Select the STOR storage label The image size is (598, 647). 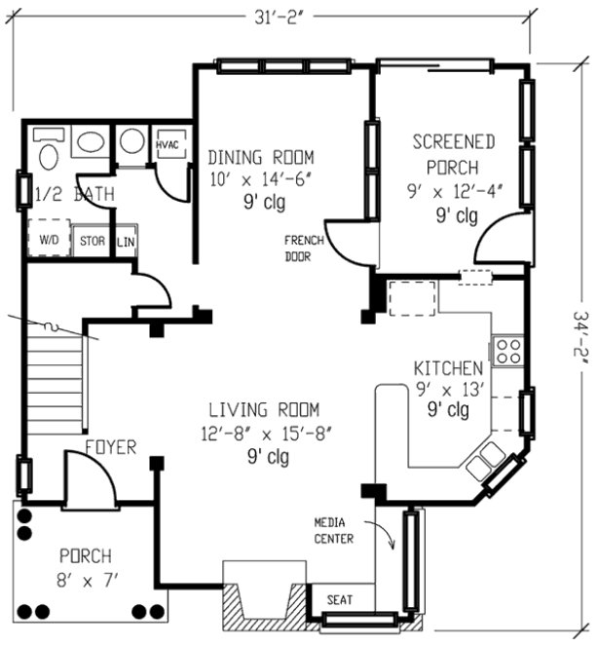[93, 241]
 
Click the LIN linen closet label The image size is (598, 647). [126, 241]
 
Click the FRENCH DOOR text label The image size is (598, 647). [297, 248]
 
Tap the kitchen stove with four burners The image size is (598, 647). [506, 351]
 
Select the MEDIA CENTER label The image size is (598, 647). [333, 531]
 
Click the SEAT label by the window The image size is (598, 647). [339, 600]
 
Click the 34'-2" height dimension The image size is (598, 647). [579, 336]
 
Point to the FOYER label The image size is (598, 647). [109, 447]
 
